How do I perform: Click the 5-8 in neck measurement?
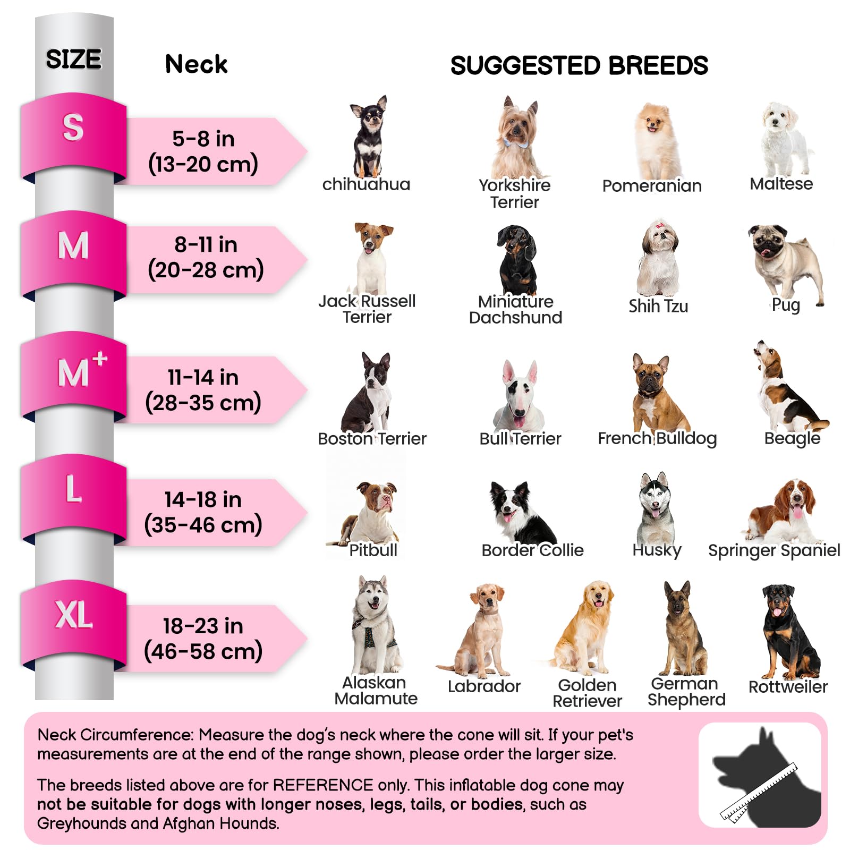pyautogui.click(x=203, y=151)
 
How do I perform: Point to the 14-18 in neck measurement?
pyautogui.click(x=203, y=512)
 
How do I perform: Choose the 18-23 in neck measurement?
pyautogui.click(x=203, y=639)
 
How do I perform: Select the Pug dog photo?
pyautogui.click(x=786, y=260)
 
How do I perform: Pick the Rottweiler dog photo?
pyautogui.click(x=787, y=632)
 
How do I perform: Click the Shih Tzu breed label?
pyautogui.click(x=658, y=306)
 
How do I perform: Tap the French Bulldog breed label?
pyautogui.click(x=657, y=438)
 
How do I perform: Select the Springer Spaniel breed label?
pyautogui.click(x=774, y=550)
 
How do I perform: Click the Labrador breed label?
pyautogui.click(x=484, y=686)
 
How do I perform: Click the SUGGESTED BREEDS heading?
pyautogui.click(x=579, y=65)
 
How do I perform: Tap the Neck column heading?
pyautogui.click(x=196, y=64)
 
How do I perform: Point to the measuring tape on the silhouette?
pyautogui.click(x=760, y=792)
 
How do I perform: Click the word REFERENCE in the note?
pyautogui.click(x=322, y=785)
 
